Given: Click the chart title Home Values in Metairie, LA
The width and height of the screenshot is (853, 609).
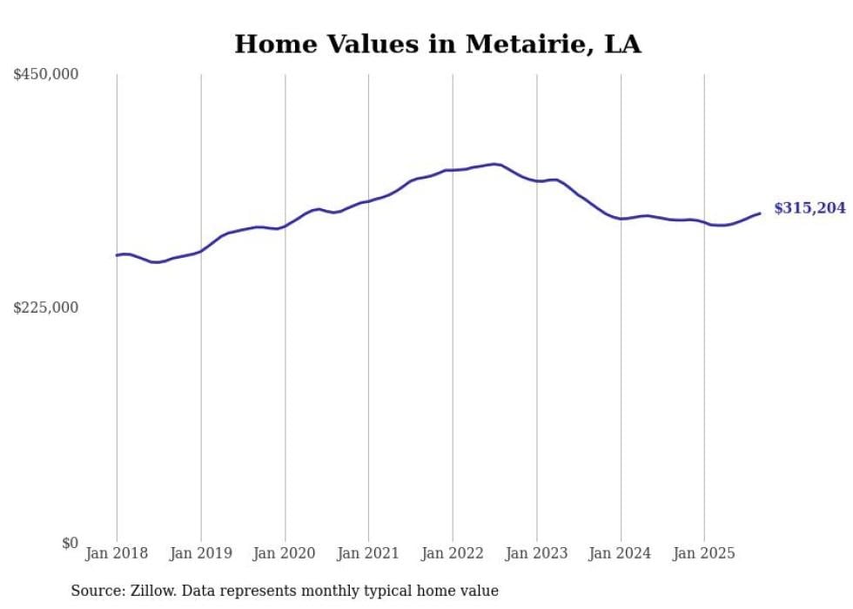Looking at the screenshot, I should tap(438, 44).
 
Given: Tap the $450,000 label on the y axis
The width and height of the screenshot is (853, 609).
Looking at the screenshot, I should tap(46, 75).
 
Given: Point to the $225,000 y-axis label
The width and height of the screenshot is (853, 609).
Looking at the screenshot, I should tap(46, 308).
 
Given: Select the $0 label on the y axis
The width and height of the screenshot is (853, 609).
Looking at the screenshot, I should tap(70, 543).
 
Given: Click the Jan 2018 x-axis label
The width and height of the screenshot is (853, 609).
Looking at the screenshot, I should tap(117, 553).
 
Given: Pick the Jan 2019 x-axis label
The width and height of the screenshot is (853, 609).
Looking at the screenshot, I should tap(201, 553).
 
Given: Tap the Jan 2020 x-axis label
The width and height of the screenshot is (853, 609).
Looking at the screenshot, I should tap(285, 553).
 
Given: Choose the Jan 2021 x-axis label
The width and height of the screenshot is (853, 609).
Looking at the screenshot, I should tap(368, 553).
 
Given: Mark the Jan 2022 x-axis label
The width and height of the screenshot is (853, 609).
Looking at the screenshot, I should tap(453, 553).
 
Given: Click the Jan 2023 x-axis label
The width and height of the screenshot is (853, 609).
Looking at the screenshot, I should tap(536, 553).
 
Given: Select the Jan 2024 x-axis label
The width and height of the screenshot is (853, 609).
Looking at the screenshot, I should tap(620, 553).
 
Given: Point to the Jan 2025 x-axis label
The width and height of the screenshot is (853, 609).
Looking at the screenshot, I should tap(704, 553).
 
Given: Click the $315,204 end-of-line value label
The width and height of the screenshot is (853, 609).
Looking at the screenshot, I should tap(809, 208).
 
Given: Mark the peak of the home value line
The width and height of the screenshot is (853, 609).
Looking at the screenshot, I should tap(495, 164).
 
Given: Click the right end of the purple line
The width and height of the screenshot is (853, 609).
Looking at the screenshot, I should tap(760, 213).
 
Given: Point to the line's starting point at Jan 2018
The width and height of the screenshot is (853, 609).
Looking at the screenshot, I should tap(117, 255).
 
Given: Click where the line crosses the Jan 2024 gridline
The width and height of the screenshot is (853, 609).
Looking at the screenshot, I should tap(621, 219).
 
